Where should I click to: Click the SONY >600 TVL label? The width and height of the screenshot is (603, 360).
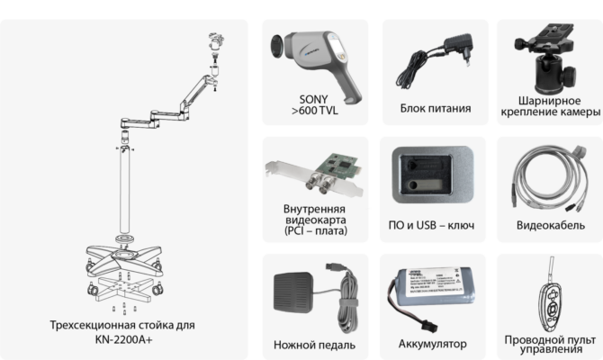310,105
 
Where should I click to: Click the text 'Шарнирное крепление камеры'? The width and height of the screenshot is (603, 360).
547,105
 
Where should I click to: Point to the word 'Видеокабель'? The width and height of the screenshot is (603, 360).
548,223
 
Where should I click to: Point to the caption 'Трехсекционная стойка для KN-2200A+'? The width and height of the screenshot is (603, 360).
123,332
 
